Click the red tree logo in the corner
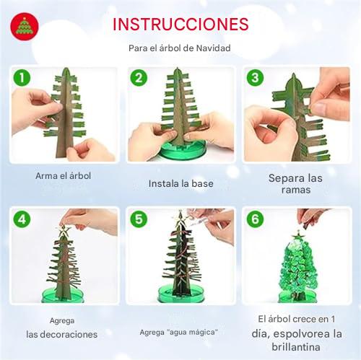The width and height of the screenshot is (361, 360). coord(25,27)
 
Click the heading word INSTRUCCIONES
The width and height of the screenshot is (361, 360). coord(180,25)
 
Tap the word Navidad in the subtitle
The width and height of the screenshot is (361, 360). coord(213,48)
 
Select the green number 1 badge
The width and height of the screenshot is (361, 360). coord(22,78)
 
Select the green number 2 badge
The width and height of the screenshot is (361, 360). coord(139,78)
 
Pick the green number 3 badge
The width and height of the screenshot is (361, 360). coord(255,78)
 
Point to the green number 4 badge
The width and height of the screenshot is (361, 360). coord(22,219)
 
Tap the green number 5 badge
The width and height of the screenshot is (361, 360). coord(139,219)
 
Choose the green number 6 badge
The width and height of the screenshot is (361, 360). coord(255,219)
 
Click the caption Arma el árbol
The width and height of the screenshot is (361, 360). coord(63,176)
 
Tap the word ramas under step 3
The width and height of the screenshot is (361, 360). coord(296,190)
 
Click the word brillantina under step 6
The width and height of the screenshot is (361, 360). coord(296,347)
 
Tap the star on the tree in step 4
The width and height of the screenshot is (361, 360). coord(64,231)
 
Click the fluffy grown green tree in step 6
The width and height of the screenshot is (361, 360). coord(298,265)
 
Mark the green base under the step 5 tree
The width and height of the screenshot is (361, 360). coord(182,294)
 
